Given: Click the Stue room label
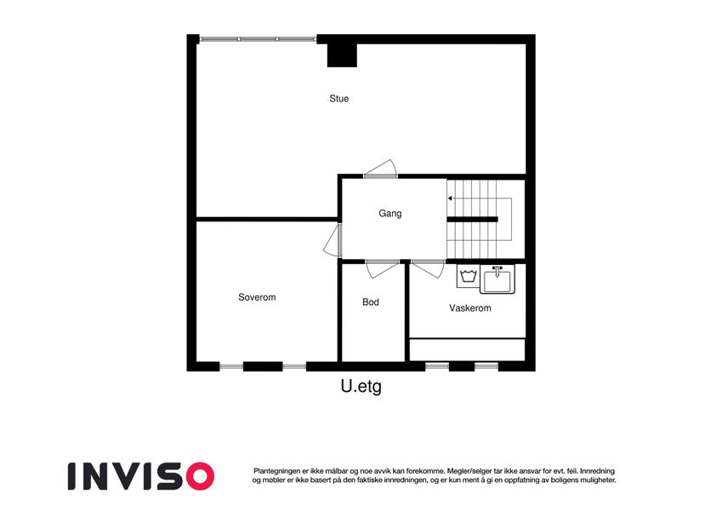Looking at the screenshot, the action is (x=339, y=99).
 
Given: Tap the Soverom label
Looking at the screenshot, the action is (x=257, y=297).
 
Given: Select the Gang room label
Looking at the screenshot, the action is (x=390, y=214).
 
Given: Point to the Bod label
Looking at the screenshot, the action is (x=371, y=302).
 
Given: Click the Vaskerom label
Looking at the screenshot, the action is (x=470, y=308).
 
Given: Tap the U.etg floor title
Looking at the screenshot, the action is (x=361, y=387).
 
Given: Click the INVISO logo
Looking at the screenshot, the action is (x=141, y=476).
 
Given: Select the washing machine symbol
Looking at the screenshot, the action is (x=469, y=276).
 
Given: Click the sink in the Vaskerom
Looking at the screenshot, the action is (x=497, y=279).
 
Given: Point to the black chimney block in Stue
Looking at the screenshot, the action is (x=342, y=55).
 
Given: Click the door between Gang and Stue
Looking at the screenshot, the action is (x=380, y=169).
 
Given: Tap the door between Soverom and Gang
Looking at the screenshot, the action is (x=333, y=240).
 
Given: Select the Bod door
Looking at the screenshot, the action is (x=382, y=269).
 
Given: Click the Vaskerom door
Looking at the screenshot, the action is (x=428, y=269).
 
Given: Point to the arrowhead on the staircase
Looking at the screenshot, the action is (x=450, y=198).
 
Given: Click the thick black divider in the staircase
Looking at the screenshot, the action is (x=473, y=220).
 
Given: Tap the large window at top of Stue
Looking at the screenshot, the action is (x=258, y=39).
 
